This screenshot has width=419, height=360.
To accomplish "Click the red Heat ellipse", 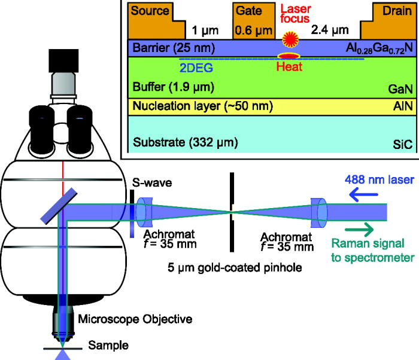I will (289, 56).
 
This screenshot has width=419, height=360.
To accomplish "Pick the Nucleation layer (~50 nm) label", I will (203, 107).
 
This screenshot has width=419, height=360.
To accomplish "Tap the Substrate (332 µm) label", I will (185, 143).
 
